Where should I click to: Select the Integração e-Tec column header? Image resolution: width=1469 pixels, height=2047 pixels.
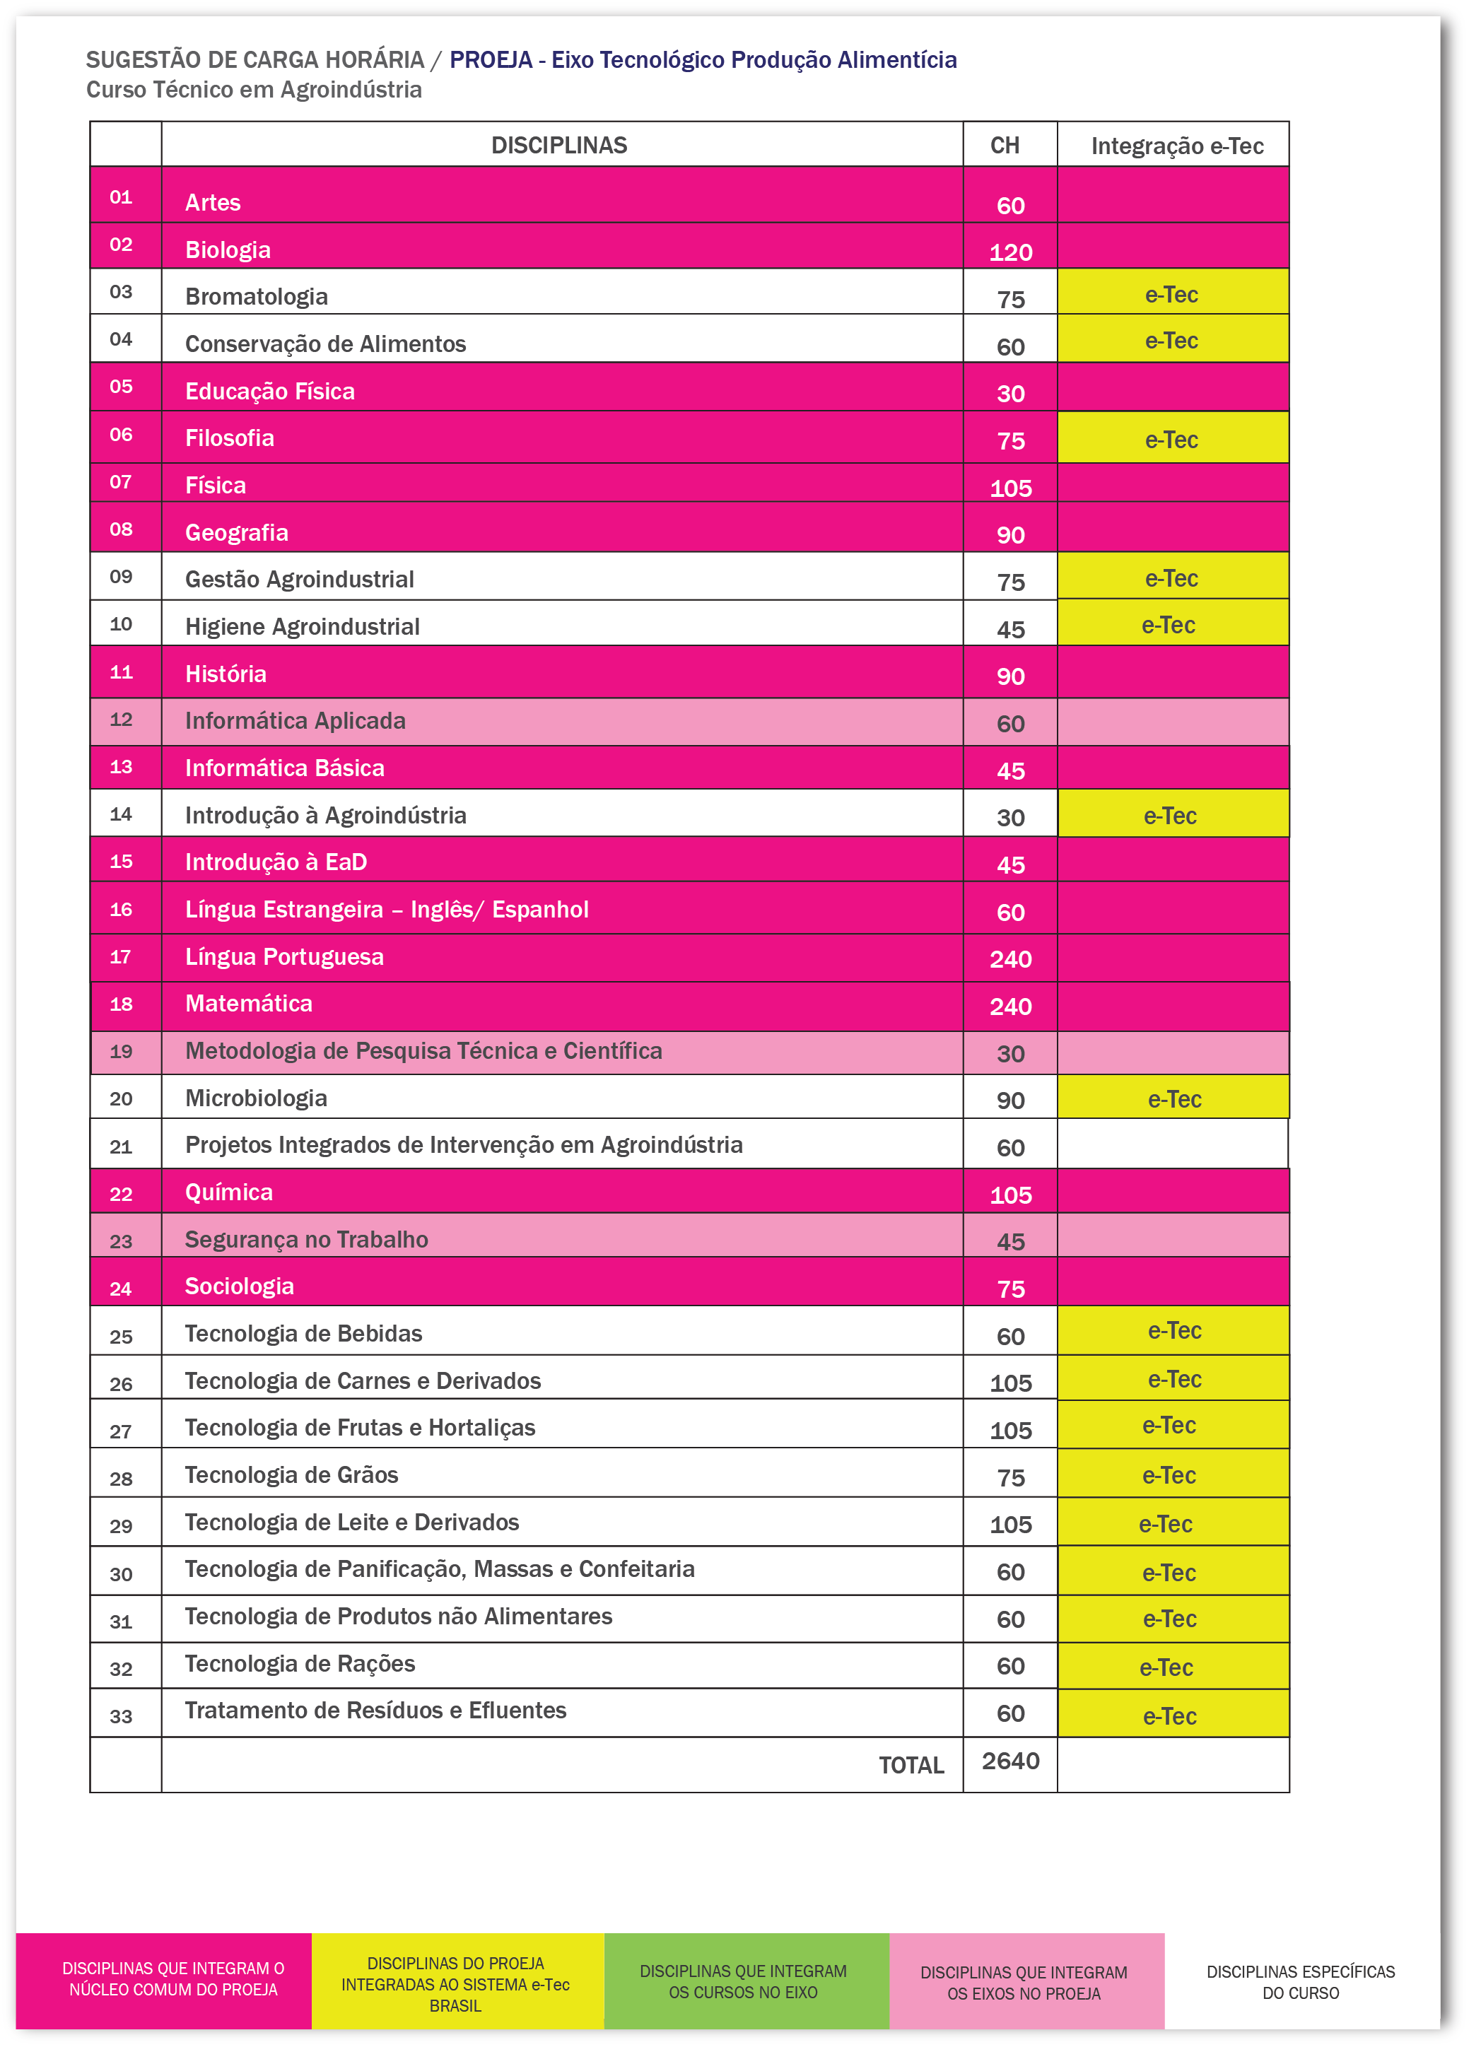[1176, 146]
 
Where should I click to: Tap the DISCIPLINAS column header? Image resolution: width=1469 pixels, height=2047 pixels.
[559, 146]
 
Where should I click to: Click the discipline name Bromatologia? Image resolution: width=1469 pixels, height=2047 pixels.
[257, 297]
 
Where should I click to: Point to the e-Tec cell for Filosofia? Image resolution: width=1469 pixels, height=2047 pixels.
[1171, 440]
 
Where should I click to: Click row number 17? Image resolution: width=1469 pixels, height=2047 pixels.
[121, 957]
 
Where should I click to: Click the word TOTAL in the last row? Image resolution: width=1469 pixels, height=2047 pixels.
[911, 1766]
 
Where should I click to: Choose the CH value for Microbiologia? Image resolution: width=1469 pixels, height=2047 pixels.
[1010, 1101]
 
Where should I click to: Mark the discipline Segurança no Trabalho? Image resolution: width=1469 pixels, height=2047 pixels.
[306, 1239]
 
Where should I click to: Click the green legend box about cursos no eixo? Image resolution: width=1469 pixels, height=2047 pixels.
[743, 1981]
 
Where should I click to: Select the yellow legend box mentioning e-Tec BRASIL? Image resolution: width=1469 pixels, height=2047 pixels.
[455, 1984]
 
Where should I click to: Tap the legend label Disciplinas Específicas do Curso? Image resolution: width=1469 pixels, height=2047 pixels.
[1300, 1982]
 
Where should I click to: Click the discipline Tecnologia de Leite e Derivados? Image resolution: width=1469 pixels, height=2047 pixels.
[351, 1522]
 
